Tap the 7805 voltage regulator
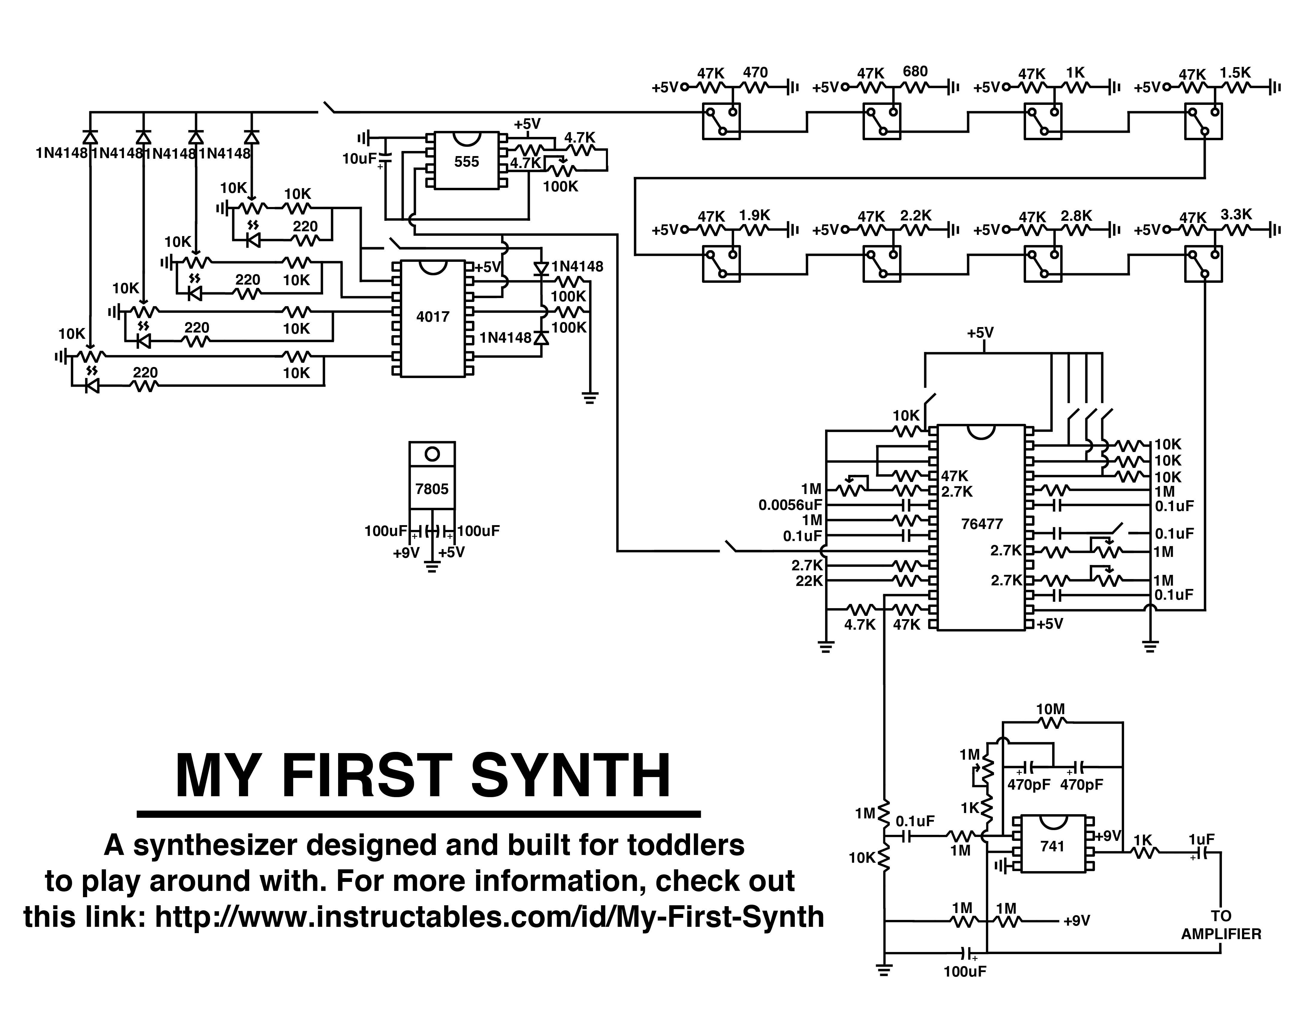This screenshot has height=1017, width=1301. coord(432,489)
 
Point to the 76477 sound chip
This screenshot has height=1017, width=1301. coord(982,524)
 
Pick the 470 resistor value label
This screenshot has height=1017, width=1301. coord(755,73)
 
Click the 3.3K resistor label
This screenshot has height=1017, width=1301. coord(1236,214)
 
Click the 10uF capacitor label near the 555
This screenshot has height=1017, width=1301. coord(359,159)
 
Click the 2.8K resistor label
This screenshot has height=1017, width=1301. coord(1076,216)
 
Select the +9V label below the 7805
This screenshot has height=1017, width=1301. coord(406,553)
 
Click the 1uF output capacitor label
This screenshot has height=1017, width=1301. coord(1202,839)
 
